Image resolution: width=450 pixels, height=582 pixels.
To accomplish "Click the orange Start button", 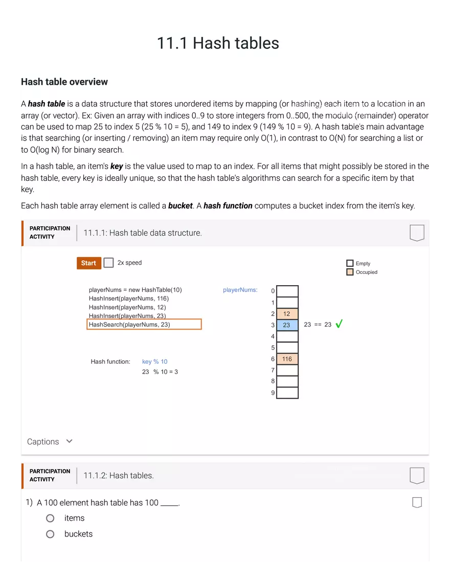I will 88,263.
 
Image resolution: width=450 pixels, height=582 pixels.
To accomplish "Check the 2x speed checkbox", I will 108,263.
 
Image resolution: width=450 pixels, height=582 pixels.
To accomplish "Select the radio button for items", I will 50,518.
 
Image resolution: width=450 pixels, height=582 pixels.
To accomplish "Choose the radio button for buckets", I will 50,534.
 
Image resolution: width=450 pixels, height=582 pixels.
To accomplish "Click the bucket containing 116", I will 287,359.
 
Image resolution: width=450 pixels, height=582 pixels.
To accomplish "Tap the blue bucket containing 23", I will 287,325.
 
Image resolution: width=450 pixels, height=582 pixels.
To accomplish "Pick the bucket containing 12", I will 287,314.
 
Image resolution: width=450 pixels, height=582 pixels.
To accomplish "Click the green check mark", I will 339,324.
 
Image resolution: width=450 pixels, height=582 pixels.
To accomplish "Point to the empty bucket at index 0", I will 287,291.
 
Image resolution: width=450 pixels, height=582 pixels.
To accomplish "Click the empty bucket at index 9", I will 287,393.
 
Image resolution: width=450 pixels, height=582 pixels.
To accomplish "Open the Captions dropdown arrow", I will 70,441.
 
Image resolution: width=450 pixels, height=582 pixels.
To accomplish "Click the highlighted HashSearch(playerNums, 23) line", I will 144,324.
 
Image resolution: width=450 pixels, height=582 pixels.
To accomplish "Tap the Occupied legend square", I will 350,272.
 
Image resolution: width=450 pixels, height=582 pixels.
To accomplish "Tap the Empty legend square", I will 350,263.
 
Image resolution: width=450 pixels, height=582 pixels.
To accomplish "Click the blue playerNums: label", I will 240,290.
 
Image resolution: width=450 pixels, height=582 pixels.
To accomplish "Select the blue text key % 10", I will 154,361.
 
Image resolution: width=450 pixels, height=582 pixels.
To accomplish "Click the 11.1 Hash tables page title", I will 218,43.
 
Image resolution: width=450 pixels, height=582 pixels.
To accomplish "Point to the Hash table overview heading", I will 64,82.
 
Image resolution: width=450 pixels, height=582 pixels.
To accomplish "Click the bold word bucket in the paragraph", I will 180,206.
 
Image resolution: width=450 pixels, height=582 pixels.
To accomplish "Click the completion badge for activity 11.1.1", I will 417,233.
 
